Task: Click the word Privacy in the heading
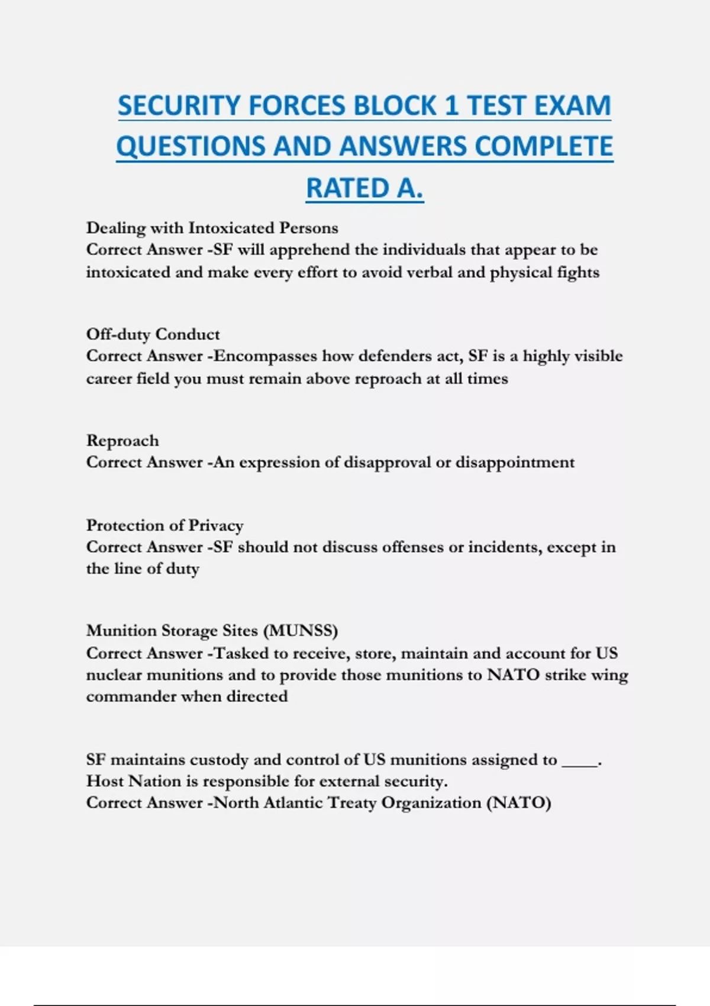[x=215, y=525]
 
